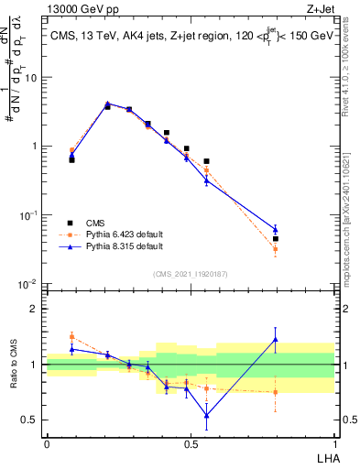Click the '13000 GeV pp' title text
(84, 10)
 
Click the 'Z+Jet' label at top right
(320, 10)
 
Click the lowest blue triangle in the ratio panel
(206, 415)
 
